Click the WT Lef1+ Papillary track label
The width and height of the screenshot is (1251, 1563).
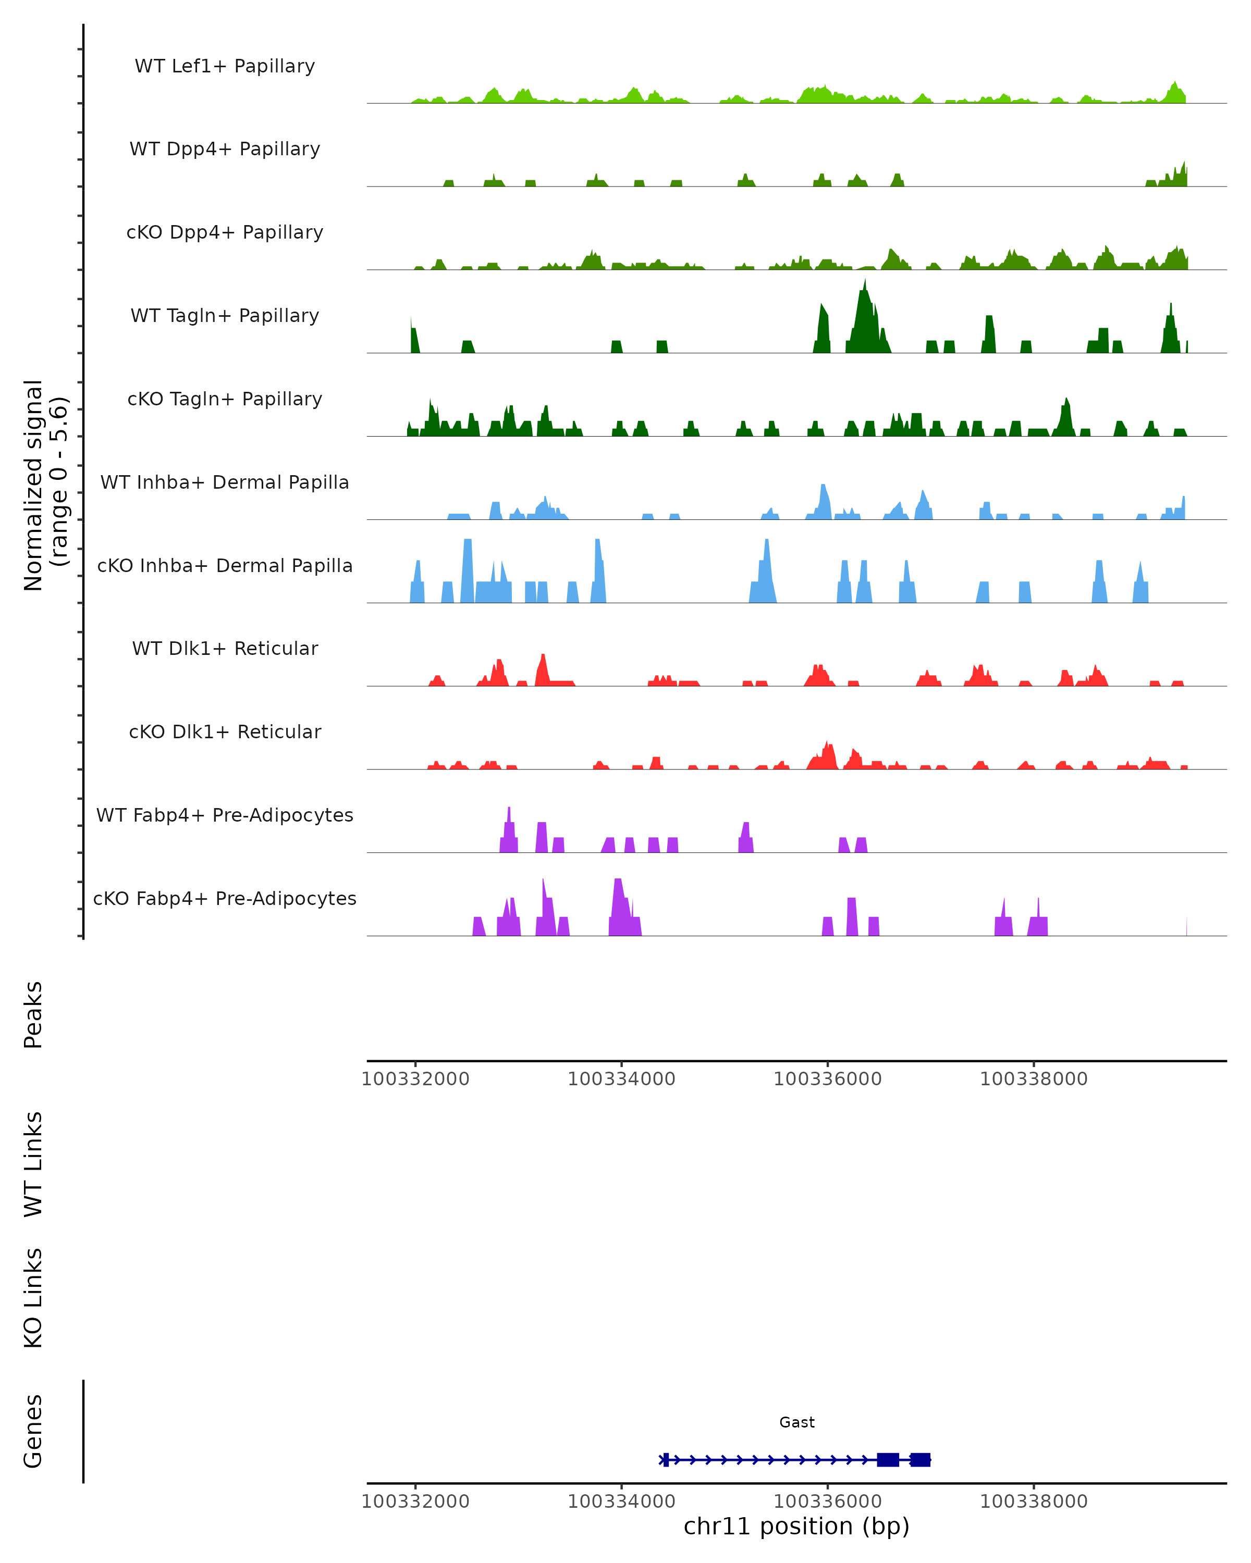click(225, 66)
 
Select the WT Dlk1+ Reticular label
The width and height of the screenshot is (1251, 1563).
click(225, 648)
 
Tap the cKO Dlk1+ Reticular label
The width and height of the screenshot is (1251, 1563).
click(225, 731)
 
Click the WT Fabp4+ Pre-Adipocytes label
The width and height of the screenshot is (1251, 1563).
click(225, 815)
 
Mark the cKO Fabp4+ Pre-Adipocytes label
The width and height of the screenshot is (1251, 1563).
click(225, 898)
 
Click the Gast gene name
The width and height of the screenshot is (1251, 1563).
click(796, 1422)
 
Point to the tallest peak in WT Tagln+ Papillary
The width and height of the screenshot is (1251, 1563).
click(864, 283)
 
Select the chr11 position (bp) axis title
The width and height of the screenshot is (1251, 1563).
click(796, 1526)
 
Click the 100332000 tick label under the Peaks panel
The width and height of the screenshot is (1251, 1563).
click(415, 1079)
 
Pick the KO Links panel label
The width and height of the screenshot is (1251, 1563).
click(33, 1298)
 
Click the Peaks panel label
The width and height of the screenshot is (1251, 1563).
click(33, 1014)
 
